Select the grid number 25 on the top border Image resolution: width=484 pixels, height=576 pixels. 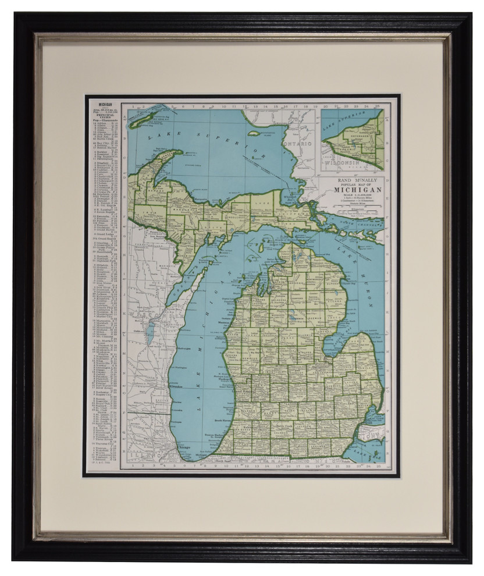click(378, 106)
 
